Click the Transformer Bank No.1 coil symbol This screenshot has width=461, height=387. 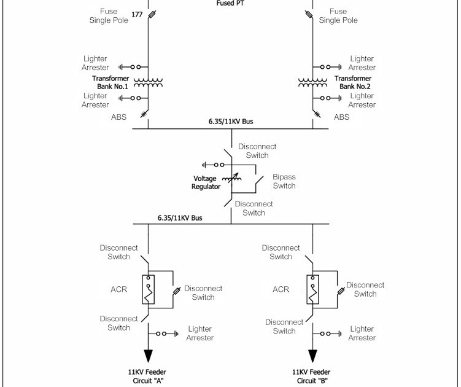pyautogui.click(x=148, y=82)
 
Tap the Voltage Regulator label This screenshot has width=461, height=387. pyautogui.click(x=206, y=182)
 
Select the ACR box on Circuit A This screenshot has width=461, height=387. pyautogui.click(x=148, y=290)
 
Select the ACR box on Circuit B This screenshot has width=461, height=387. pyautogui.click(x=312, y=290)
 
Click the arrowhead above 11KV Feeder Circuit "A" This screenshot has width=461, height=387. pyautogui.click(x=148, y=356)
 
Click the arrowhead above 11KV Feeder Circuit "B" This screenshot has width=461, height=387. pyautogui.click(x=312, y=356)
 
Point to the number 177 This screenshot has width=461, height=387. pyautogui.click(x=136, y=14)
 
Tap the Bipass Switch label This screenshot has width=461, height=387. pyautogui.click(x=284, y=181)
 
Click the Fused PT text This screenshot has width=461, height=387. pyautogui.click(x=230, y=3)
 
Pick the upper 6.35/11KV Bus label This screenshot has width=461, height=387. pyautogui.click(x=230, y=122)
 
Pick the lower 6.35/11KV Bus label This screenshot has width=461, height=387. pyautogui.click(x=180, y=218)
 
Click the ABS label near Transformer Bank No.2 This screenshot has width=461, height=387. pyautogui.click(x=341, y=117)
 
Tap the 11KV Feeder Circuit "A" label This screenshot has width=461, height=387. pyautogui.click(x=147, y=376)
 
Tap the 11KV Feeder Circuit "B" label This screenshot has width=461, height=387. pyautogui.click(x=312, y=376)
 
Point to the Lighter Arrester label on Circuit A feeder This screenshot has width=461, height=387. pyautogui.click(x=201, y=334)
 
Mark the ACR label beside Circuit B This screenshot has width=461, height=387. pyautogui.click(x=281, y=289)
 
